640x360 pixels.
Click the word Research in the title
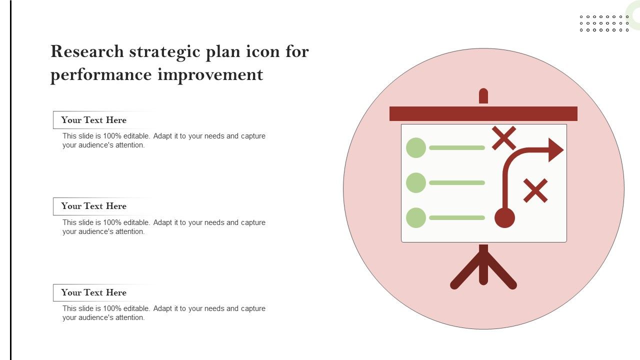87,51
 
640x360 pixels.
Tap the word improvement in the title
210,75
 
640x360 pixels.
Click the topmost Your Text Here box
103,120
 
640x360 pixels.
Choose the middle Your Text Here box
103,206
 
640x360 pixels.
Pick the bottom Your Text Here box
103,292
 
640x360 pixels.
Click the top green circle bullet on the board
416,147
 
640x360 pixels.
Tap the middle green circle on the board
416,183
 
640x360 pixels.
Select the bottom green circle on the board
416,217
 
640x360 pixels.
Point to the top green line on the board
457,147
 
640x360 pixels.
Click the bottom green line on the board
457,217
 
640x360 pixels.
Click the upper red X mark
504,138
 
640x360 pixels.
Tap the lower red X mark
535,191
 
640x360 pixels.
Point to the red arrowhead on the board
555,150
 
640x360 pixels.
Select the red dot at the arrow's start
505,217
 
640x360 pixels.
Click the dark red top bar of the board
483,113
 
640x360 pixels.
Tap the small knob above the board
483,95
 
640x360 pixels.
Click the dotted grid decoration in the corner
604,23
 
